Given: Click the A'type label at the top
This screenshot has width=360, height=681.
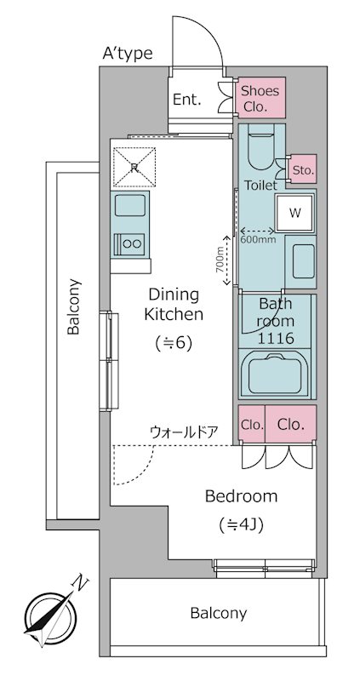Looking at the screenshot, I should [128, 54].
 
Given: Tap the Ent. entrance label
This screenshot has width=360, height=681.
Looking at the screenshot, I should [187, 100].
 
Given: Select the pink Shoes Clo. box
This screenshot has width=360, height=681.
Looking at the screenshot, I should [260, 99].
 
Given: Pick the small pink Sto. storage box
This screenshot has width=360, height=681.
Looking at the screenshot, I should [303, 170].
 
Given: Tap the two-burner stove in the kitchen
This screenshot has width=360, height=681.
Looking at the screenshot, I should [130, 243].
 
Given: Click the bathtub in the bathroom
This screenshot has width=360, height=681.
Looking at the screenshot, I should [276, 374].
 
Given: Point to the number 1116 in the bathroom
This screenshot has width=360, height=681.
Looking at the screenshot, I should [277, 338].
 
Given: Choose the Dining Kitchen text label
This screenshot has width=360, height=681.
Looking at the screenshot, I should [174, 304].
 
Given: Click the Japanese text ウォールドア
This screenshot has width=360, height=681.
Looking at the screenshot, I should [184, 432].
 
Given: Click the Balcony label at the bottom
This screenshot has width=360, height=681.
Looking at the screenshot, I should [218, 613].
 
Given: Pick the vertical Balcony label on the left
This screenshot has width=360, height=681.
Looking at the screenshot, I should [74, 307].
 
